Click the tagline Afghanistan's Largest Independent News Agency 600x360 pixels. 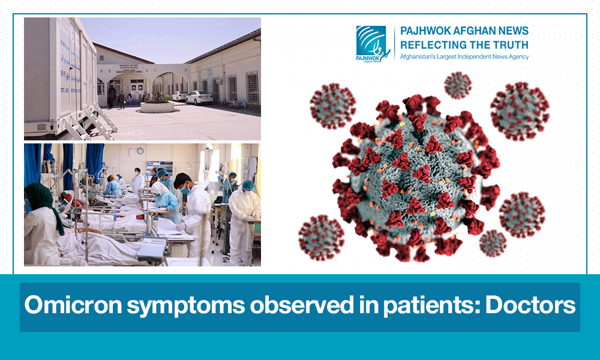[464, 56]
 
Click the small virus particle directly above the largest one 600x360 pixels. [458, 85]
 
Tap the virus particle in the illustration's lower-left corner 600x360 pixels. [322, 237]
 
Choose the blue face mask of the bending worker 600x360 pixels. [185, 188]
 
